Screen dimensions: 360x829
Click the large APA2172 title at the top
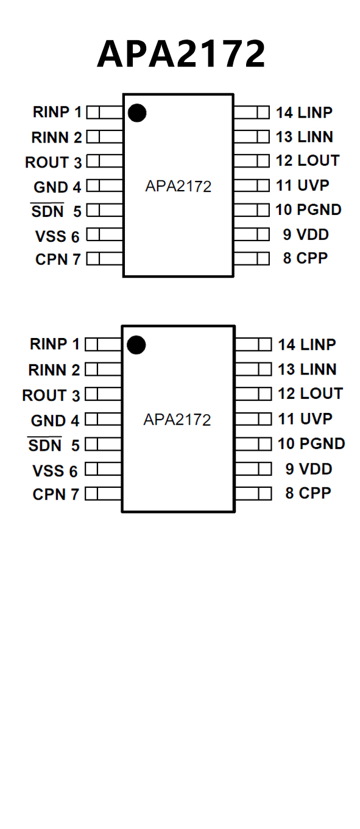(x=181, y=54)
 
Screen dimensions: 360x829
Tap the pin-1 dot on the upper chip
(x=137, y=113)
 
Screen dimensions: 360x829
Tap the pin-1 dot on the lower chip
(x=136, y=345)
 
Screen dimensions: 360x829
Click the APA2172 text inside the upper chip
(x=178, y=186)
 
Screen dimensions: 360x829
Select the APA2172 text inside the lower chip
(x=177, y=420)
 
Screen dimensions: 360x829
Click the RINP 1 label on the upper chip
(x=57, y=111)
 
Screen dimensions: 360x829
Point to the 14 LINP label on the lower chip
(x=307, y=345)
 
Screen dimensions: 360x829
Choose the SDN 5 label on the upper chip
(x=56, y=211)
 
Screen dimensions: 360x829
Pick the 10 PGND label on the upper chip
(x=308, y=210)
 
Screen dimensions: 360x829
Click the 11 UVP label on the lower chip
(x=305, y=418)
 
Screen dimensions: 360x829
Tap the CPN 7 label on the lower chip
(x=56, y=494)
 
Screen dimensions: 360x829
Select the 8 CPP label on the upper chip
(x=305, y=258)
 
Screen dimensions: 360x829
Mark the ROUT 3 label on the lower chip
(x=51, y=395)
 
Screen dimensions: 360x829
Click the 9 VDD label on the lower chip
(x=309, y=469)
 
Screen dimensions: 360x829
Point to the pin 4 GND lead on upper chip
(x=105, y=186)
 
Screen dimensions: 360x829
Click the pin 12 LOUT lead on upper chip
(x=251, y=161)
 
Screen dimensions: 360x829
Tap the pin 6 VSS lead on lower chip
(x=103, y=469)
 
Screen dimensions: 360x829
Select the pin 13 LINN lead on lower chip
(x=253, y=369)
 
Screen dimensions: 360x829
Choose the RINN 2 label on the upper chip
(x=57, y=137)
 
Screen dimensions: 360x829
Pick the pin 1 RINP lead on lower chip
(x=103, y=345)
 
